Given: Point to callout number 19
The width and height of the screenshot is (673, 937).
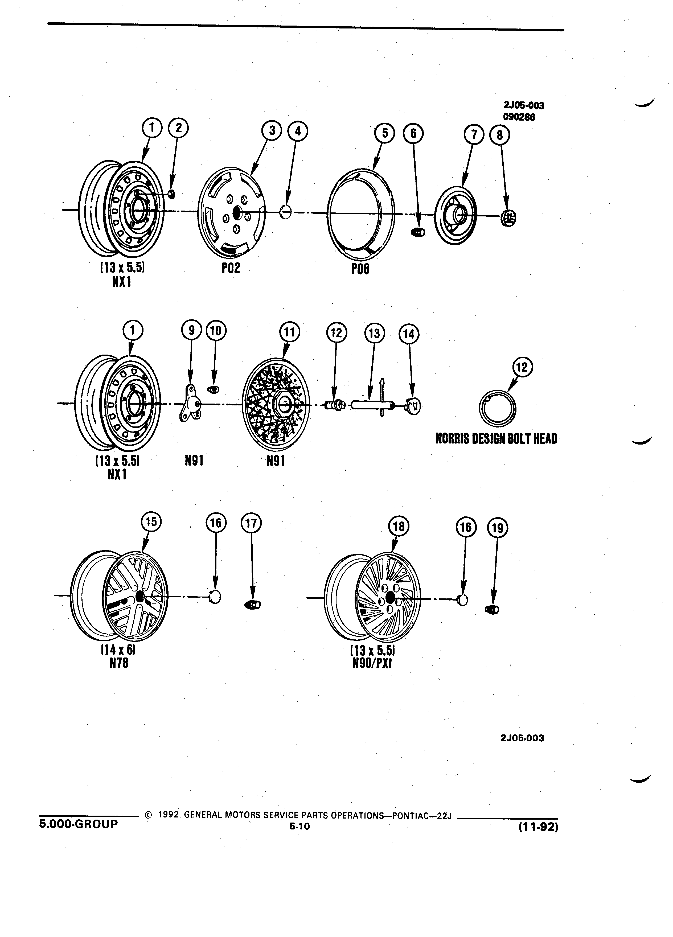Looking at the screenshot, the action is point(498,528).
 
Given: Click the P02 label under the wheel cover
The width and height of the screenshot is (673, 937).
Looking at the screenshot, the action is point(231,269).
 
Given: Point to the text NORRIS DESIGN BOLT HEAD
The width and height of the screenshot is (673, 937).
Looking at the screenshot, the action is point(496,438).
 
